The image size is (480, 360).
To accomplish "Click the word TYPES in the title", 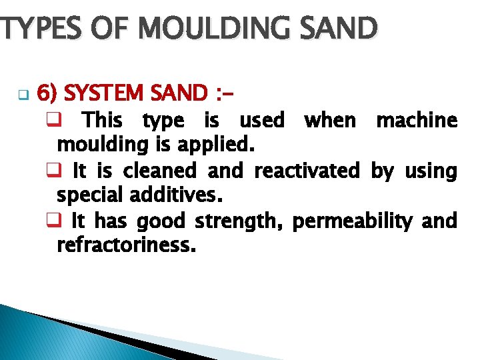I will click(35, 29).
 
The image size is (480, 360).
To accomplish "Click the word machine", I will click(417, 121).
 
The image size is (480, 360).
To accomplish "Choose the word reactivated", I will click(307, 171).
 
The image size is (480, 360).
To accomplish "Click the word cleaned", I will click(165, 171).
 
